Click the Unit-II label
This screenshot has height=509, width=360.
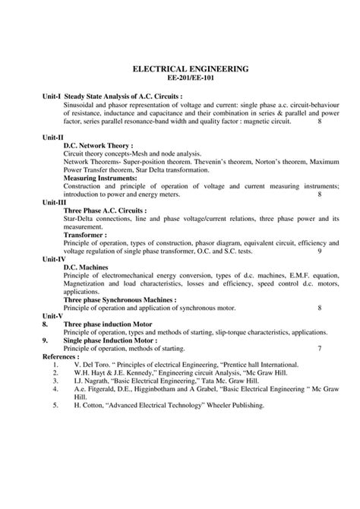(53, 135)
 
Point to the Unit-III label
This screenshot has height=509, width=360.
(54, 202)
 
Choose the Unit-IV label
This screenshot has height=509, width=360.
(54, 259)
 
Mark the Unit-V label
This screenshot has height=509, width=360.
(52, 315)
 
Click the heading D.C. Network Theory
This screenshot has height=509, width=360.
(99, 144)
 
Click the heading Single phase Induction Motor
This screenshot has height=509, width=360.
(114, 340)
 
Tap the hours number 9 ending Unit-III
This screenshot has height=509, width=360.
(319, 251)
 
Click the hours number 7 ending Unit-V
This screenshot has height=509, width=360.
(319, 348)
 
